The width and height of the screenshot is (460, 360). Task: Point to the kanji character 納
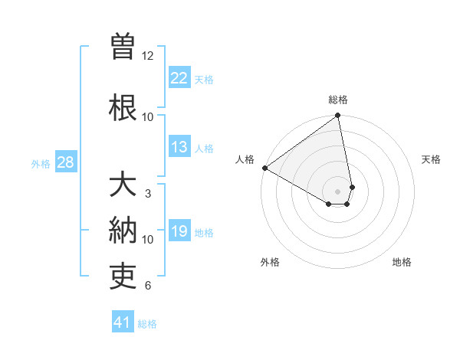[123, 231]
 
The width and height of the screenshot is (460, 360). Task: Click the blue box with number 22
[179, 78]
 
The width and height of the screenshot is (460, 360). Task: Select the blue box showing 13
[179, 148]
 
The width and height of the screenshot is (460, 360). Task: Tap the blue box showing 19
[179, 232]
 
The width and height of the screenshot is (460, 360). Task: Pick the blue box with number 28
[65, 162]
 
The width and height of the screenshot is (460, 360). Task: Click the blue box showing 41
[123, 322]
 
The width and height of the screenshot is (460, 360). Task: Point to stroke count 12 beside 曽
[147, 56]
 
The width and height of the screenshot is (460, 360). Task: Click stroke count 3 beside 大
[147, 194]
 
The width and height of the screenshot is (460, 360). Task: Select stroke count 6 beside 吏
[147, 286]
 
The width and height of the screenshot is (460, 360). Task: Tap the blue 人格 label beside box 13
[204, 149]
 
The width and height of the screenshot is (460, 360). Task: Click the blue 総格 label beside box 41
[147, 324]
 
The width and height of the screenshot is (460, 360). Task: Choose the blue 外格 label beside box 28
[41, 163]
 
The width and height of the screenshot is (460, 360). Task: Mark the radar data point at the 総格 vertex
[338, 116]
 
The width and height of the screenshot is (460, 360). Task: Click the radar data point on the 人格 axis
[264, 168]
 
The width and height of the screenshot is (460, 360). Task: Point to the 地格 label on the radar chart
[402, 262]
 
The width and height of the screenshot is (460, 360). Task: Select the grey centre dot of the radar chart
[338, 191]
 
